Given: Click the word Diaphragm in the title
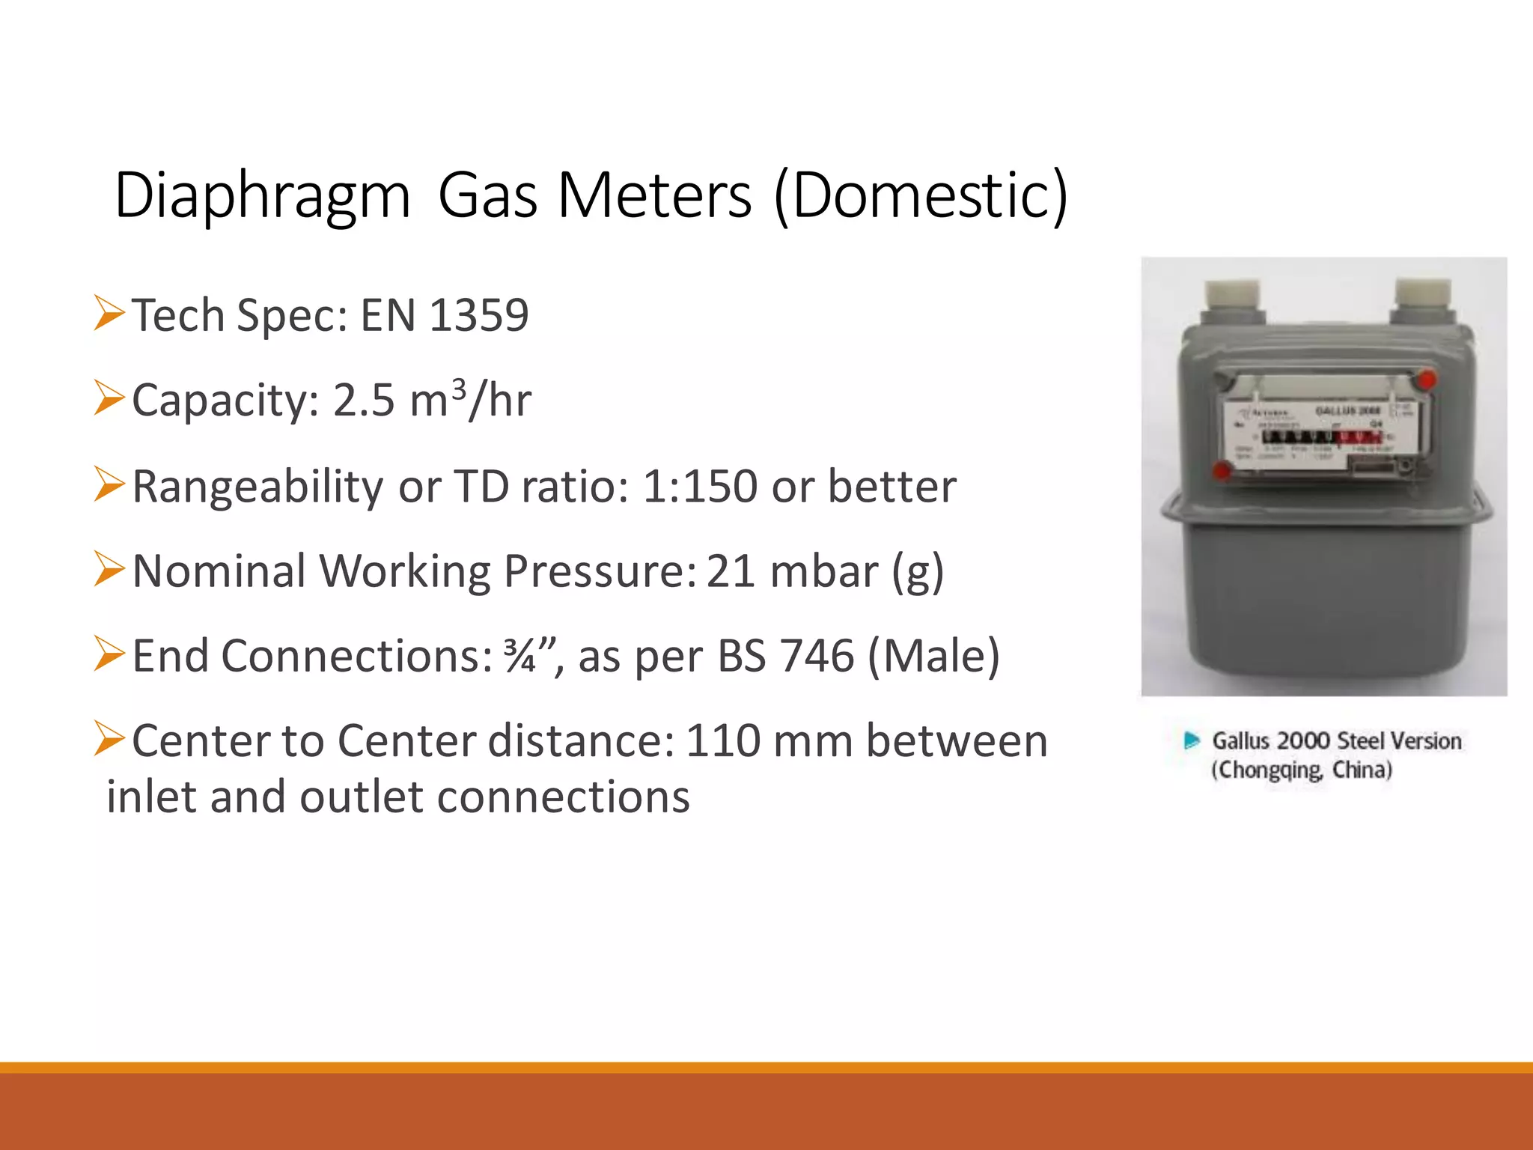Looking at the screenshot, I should pyautogui.click(x=262, y=196).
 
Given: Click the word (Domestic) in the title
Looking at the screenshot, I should pyautogui.click(x=921, y=196).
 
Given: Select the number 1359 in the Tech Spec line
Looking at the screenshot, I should pyautogui.click(x=479, y=315).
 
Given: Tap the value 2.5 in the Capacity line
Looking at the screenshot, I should pyautogui.click(x=363, y=401).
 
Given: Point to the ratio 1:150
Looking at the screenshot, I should pyautogui.click(x=700, y=487).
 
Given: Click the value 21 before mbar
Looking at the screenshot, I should pyautogui.click(x=731, y=572).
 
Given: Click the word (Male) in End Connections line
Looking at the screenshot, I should pyautogui.click(x=933, y=657).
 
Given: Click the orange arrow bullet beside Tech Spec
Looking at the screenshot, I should pyautogui.click(x=109, y=313).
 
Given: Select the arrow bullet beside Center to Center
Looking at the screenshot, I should pyautogui.click(x=109, y=739).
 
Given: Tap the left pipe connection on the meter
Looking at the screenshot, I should pyautogui.click(x=1231, y=300).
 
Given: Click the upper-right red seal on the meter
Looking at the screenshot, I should pyautogui.click(x=1427, y=380).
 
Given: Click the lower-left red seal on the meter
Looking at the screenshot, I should pyautogui.click(x=1222, y=472).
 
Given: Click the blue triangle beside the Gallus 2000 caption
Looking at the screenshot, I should pyautogui.click(x=1192, y=741).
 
